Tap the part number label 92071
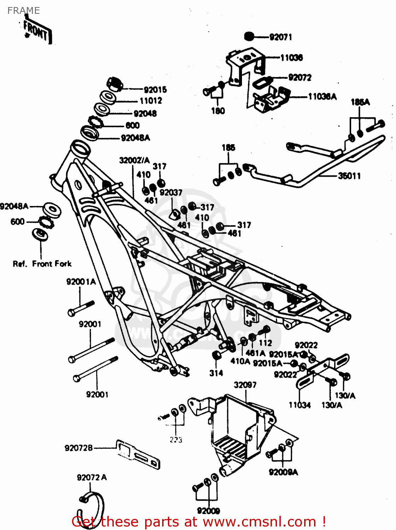pyautogui.click(x=280, y=37)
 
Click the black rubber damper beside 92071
pyautogui.click(x=249, y=36)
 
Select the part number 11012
pyautogui.click(x=151, y=101)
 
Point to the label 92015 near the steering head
pyautogui.click(x=155, y=90)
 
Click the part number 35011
pyautogui.click(x=349, y=176)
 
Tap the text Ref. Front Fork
pyautogui.click(x=42, y=264)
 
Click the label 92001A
pyautogui.click(x=81, y=282)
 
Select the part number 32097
pyautogui.click(x=245, y=385)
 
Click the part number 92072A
pyautogui.click(x=91, y=478)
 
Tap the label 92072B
pyautogui.click(x=78, y=448)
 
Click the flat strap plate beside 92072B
pyautogui.click(x=138, y=454)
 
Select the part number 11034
pyautogui.click(x=300, y=405)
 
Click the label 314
pyautogui.click(x=216, y=373)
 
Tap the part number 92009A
pyautogui.click(x=283, y=472)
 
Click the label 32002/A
pyautogui.click(x=134, y=160)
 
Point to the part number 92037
pyautogui.click(x=171, y=193)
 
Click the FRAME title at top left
pyautogui.click(x=24, y=11)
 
